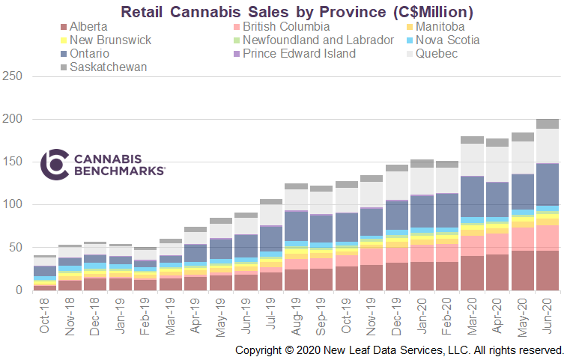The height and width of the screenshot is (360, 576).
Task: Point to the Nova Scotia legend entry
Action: point(447,40)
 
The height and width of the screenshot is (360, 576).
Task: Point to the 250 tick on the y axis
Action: point(13,76)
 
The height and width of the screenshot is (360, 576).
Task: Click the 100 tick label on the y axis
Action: point(13,204)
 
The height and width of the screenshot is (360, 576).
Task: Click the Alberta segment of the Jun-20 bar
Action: point(548,270)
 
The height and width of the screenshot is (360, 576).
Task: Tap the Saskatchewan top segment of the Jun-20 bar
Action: point(548,123)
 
